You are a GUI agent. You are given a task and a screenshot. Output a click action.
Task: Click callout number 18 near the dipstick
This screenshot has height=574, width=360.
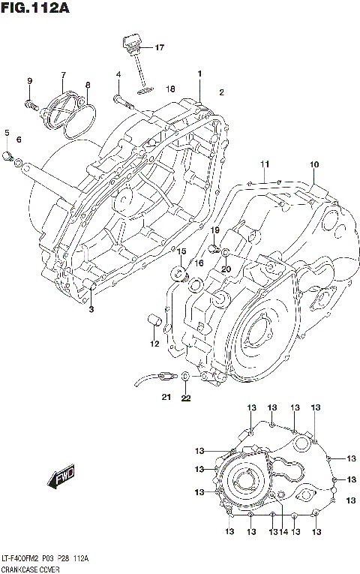coord(171,89)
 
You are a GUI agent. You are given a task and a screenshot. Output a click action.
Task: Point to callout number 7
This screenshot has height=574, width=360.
coord(64,75)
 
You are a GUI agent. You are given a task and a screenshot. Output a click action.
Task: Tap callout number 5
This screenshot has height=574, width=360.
coord(7,133)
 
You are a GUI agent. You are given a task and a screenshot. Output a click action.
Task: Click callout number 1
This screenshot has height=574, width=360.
coord(200,73)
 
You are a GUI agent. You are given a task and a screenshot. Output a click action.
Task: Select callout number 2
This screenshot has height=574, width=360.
coord(221,92)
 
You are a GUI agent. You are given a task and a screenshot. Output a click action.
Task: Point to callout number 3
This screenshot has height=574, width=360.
coord(91,309)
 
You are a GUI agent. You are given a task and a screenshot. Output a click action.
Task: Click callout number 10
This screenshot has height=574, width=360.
coord(313,164)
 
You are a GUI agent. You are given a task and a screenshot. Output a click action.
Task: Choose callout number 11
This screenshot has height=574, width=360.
coord(264,164)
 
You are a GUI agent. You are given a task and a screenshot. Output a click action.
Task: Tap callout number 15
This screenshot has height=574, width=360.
coord(181,251)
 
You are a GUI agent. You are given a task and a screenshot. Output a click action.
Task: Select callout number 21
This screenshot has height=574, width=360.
coord(165,397)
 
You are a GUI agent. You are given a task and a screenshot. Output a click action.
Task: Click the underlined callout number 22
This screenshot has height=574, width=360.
coord(185,398)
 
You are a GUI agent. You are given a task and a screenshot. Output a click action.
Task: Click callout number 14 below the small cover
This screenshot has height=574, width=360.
coord(283,532)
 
